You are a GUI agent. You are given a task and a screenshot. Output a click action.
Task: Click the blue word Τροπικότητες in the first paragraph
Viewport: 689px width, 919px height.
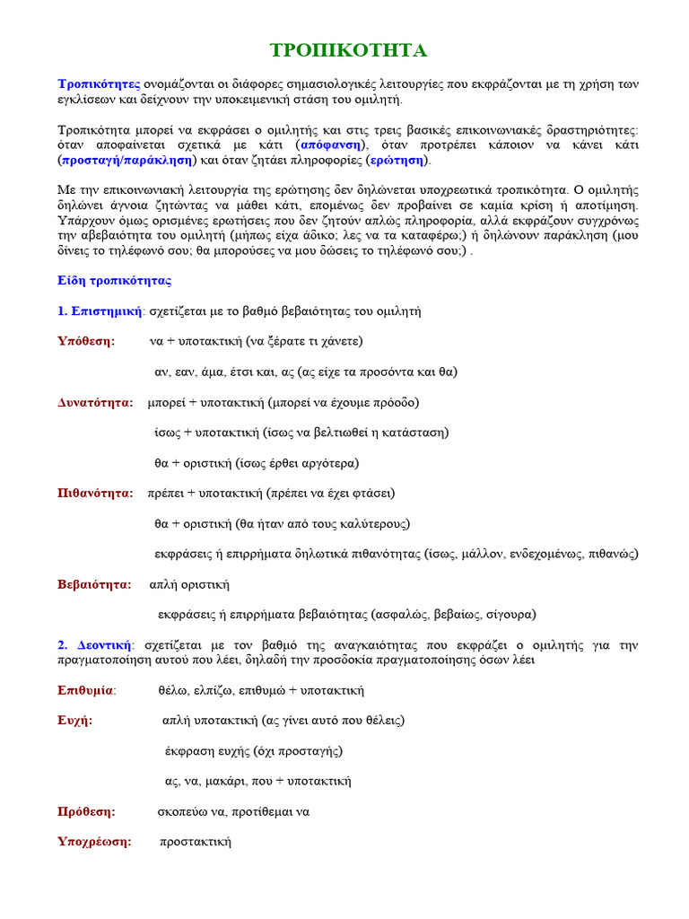99,83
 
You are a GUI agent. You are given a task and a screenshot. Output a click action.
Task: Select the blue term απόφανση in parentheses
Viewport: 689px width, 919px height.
331,144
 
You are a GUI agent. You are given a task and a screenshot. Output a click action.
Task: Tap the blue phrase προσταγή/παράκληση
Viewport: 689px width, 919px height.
126,160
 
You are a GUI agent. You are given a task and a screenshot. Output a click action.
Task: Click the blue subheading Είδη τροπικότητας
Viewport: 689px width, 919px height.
114,280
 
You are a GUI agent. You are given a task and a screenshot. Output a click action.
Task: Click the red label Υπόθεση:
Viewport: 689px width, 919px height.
86,341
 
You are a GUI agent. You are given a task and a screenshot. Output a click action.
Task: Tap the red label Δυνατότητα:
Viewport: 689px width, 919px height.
95,402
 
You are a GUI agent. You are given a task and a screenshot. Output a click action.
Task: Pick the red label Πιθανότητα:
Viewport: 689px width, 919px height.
95,493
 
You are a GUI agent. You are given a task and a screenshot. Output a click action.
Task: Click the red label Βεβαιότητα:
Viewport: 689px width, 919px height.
94,584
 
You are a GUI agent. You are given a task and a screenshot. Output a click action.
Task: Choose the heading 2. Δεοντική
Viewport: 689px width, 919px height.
95,644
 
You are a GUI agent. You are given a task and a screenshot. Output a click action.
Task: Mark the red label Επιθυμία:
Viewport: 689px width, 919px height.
86,690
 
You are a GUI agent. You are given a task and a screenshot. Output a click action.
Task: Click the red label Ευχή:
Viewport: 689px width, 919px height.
75,721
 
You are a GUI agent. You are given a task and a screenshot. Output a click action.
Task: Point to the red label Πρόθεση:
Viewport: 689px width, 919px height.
86,811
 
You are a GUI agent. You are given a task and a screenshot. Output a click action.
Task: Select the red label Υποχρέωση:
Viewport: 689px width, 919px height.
94,842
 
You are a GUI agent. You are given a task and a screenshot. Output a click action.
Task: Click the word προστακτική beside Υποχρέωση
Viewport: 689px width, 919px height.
196,842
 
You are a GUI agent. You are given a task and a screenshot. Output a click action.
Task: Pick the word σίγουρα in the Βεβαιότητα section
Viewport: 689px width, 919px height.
511,615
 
